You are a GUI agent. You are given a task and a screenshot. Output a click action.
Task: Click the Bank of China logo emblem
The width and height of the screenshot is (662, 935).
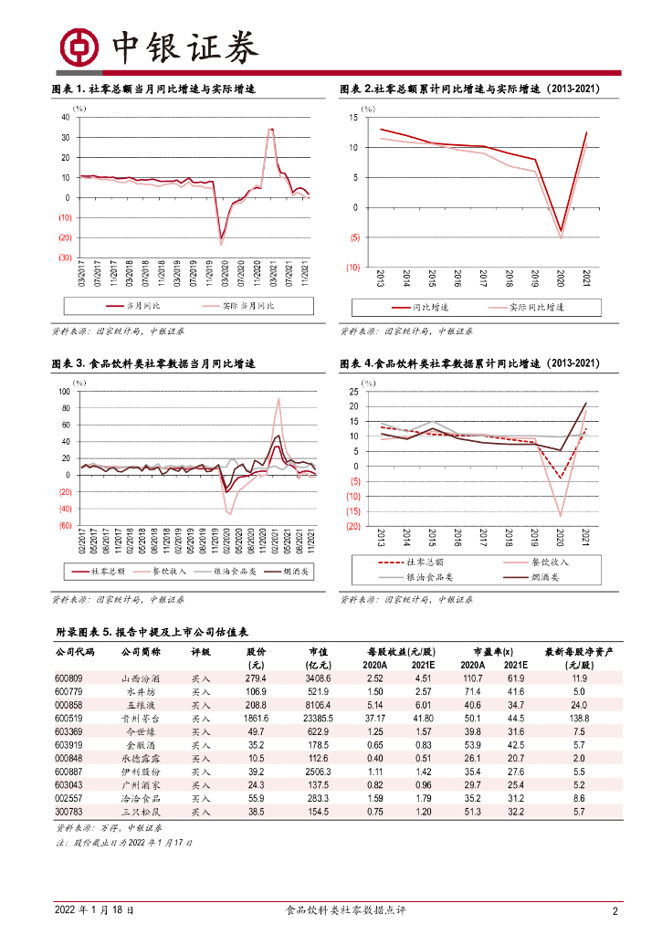(79, 47)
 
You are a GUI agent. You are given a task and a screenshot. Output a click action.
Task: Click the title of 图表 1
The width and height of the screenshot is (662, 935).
(152, 89)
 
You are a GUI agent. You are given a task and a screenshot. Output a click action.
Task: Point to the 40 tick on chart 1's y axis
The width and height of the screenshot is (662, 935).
(66, 117)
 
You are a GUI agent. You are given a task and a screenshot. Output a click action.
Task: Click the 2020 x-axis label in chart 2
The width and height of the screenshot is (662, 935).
(561, 279)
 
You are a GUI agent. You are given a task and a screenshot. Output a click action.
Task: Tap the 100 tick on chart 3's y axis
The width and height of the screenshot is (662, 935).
(64, 392)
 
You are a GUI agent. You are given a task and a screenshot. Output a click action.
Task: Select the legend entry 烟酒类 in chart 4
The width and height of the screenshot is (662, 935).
(542, 578)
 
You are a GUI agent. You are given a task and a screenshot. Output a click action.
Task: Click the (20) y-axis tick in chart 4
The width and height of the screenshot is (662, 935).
(352, 526)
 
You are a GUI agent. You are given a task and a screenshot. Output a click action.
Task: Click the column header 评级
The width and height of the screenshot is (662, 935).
(201, 653)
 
